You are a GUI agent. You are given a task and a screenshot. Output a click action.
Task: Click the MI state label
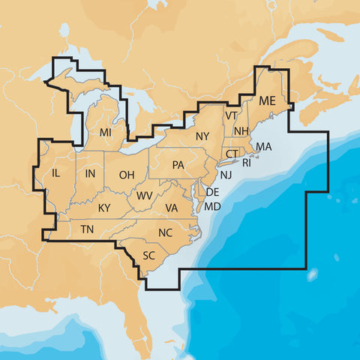(x=106, y=133)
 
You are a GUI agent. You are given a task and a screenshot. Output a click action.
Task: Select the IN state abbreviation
(x=91, y=175)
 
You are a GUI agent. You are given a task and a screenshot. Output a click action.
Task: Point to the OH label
(x=127, y=175)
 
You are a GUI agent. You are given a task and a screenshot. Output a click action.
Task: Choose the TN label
(x=88, y=229)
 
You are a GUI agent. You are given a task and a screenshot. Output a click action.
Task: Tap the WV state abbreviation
(x=145, y=196)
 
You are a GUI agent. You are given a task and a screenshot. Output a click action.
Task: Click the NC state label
(x=166, y=232)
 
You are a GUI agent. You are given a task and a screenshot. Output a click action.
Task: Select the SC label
(x=148, y=255)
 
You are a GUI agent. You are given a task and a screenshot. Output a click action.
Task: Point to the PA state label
(x=178, y=165)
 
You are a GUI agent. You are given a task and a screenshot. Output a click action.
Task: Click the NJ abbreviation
(x=226, y=175)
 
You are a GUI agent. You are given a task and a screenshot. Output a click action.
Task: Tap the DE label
(x=212, y=193)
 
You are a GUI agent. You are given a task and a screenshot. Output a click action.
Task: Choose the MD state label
(x=213, y=206)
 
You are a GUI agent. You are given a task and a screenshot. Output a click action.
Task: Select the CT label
(x=232, y=154)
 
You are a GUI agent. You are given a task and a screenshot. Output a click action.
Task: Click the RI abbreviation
(x=247, y=161)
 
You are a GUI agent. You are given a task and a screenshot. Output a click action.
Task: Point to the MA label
(x=264, y=146)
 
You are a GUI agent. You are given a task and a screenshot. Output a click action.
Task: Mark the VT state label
(x=231, y=115)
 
